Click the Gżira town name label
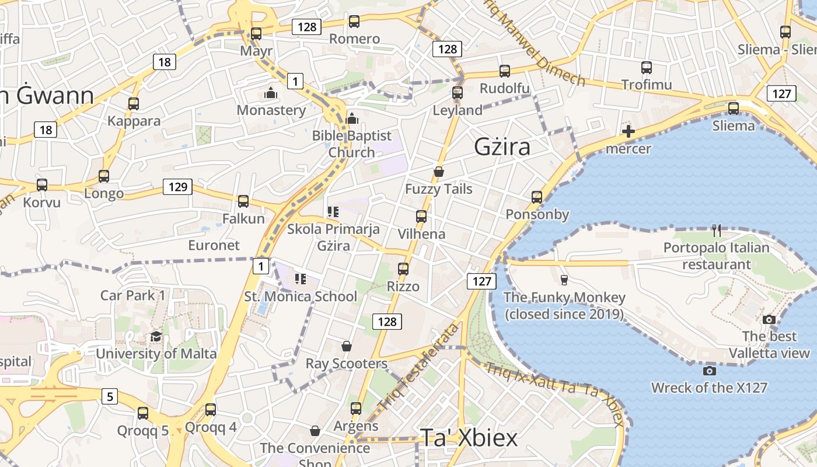pyautogui.click(x=502, y=147)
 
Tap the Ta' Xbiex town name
pyautogui.click(x=469, y=438)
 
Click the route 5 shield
pyautogui.click(x=110, y=397)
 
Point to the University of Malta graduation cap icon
pyautogui.click(x=156, y=337)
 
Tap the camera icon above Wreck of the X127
pyautogui.click(x=710, y=371)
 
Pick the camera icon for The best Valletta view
pyautogui.click(x=769, y=319)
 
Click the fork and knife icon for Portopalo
pyautogui.click(x=717, y=231)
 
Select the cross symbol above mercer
pyautogui.click(x=629, y=131)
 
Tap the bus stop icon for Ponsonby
pyautogui.click(x=537, y=197)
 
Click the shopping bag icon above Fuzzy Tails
pyautogui.click(x=439, y=172)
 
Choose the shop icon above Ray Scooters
pyautogui.click(x=347, y=346)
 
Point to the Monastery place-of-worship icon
pyautogui.click(x=270, y=93)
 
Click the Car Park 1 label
pyautogui.click(x=133, y=295)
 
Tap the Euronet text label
pyautogui.click(x=214, y=245)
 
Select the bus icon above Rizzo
pyautogui.click(x=403, y=269)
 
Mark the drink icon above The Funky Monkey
pyautogui.click(x=564, y=280)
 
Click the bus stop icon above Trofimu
pyautogui.click(x=647, y=67)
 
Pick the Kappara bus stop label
pyautogui.click(x=134, y=121)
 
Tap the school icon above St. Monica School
pyautogui.click(x=301, y=278)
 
